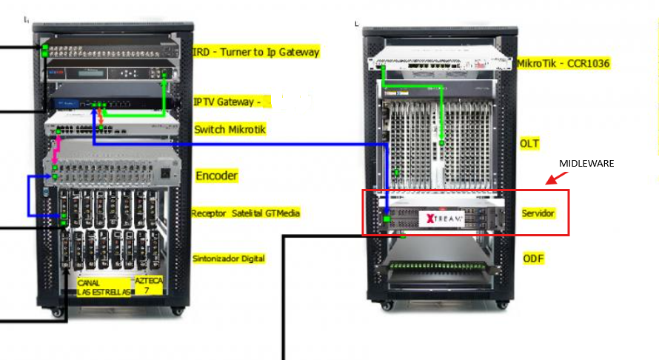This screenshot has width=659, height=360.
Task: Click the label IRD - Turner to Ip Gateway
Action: coord(256,52)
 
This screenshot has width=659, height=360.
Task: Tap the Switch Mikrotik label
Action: coord(230,130)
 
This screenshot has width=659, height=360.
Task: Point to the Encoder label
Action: coord(216,176)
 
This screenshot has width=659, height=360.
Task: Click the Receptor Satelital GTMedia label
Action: coord(245,213)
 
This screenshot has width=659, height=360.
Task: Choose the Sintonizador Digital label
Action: coord(229,259)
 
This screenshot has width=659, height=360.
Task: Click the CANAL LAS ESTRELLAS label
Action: coord(104,287)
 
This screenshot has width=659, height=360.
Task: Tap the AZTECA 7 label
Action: coord(147,285)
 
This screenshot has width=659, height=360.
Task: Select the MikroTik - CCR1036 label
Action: coord(563,64)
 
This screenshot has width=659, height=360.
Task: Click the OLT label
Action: coord(529,142)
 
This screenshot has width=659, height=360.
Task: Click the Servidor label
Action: coord(538,213)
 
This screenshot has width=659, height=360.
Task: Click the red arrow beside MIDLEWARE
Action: coord(551,179)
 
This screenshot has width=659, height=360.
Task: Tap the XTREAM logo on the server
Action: coord(442,219)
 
